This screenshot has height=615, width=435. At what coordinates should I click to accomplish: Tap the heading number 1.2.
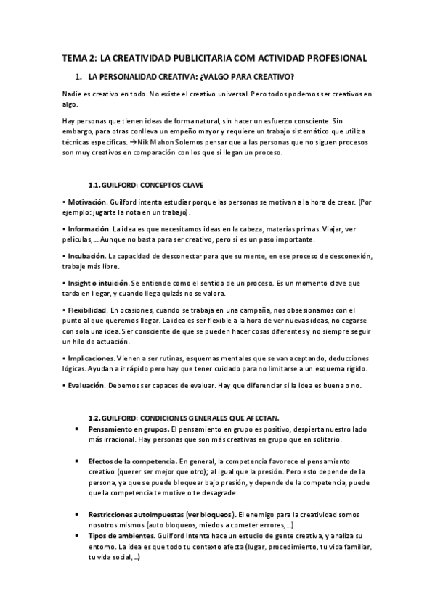point(97,417)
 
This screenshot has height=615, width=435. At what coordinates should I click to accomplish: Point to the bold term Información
point(87,228)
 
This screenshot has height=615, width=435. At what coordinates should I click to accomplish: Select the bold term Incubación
point(86,257)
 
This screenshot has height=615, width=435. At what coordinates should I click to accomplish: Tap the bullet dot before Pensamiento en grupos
point(77,430)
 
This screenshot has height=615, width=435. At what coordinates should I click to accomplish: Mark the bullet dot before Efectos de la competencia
point(77,461)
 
